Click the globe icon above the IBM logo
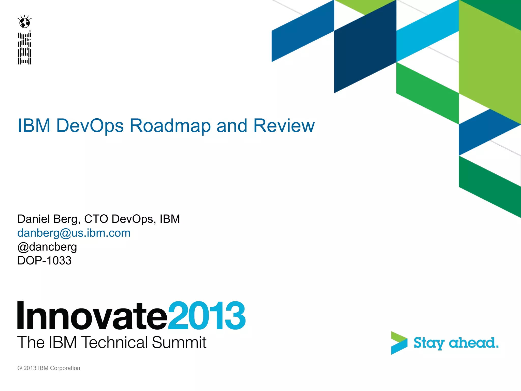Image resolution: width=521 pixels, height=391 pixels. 25,22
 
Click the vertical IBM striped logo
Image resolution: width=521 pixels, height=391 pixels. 24,48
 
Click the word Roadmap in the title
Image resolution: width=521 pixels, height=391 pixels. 170,125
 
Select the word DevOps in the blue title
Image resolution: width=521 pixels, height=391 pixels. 90,125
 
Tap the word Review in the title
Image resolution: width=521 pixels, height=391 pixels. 284,125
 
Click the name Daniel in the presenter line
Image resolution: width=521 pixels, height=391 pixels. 34,219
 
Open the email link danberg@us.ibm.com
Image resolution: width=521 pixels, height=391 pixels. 74,233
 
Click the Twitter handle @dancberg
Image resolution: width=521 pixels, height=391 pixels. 47,247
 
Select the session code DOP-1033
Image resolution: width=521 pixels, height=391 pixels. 44,261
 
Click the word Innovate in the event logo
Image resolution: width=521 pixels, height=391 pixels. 92,316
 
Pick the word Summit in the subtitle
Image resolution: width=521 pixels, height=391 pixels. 179,342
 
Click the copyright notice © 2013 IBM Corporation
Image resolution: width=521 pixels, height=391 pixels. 49,368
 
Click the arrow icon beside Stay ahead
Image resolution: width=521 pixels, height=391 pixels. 399,343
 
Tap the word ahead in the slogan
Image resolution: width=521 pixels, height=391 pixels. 473,343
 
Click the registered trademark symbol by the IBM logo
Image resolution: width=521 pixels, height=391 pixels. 30,31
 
